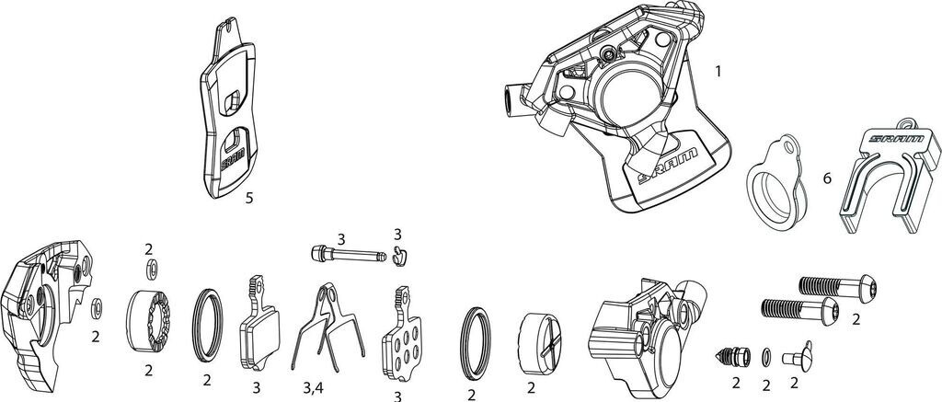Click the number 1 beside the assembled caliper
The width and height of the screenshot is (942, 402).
click(718, 70)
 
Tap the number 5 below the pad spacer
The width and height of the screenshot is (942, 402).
click(249, 196)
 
